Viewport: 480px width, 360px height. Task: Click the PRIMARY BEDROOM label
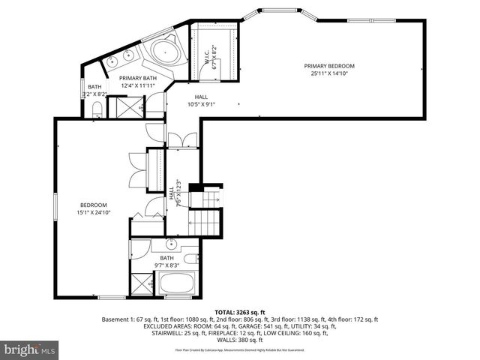click(329, 66)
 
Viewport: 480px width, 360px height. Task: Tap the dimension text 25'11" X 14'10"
click(329, 74)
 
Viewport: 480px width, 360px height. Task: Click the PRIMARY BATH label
click(138, 78)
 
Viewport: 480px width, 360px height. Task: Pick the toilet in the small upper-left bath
click(96, 112)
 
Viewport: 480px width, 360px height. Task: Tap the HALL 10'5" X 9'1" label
click(201, 100)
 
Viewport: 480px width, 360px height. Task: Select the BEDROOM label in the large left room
click(94, 205)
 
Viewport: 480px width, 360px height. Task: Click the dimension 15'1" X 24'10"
click(94, 213)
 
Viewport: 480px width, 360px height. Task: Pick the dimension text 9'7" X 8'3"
click(166, 265)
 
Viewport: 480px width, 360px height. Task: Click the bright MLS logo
click(29, 349)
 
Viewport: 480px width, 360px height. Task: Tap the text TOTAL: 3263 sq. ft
click(240, 311)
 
